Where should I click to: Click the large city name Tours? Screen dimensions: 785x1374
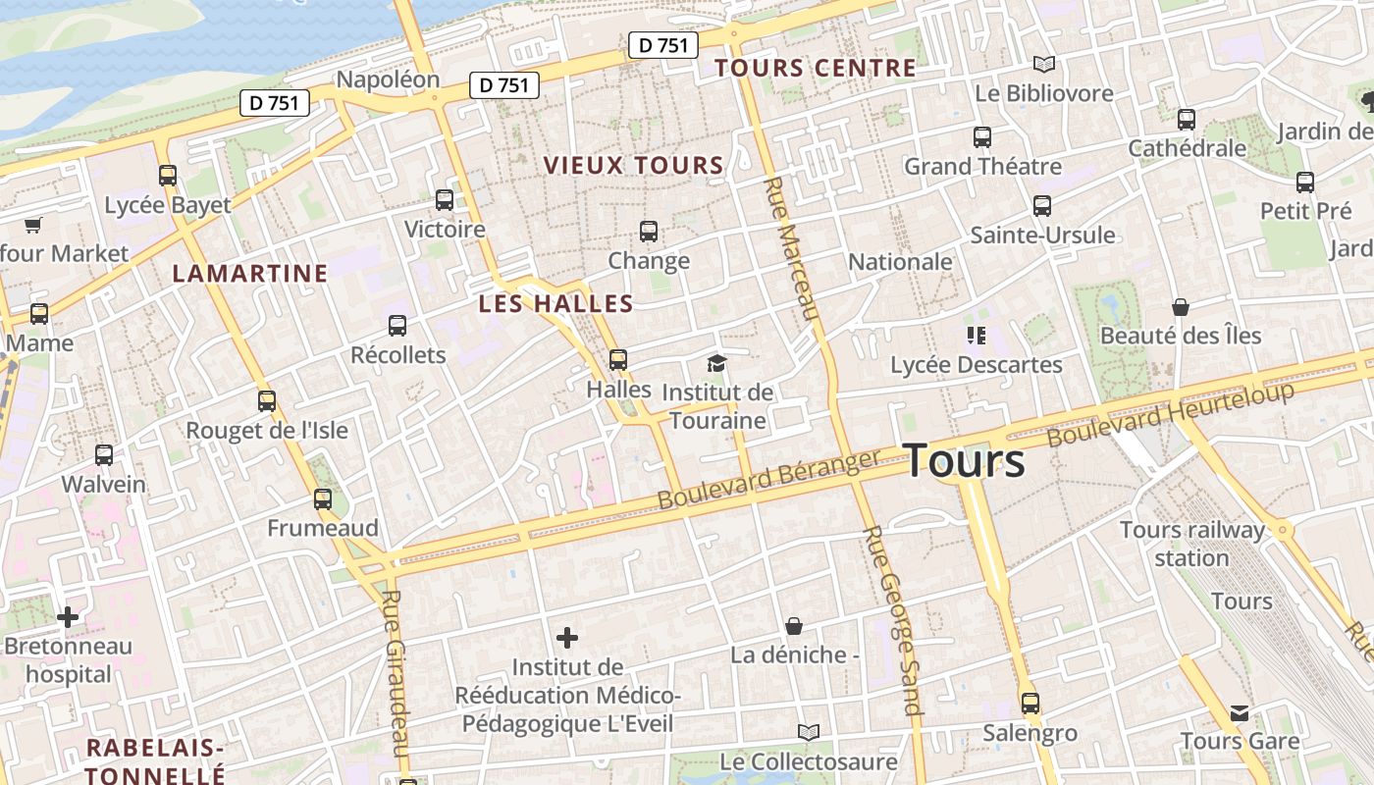coord(963,461)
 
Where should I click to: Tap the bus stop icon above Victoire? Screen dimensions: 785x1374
coord(445,200)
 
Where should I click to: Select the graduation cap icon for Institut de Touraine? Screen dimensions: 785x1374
coord(716,364)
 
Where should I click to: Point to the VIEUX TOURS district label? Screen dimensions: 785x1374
coord(633,166)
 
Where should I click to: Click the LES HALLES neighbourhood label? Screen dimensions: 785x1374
coord(555,304)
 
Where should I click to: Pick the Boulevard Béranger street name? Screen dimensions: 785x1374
coord(768,480)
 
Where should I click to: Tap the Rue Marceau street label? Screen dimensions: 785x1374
coord(791,249)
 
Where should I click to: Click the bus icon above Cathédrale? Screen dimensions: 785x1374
coord(1187,120)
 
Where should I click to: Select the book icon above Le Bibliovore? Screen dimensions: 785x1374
coord(1044,65)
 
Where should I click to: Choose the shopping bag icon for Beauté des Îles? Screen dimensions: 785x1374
coord(1180,307)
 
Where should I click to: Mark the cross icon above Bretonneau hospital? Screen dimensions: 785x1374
coord(68,617)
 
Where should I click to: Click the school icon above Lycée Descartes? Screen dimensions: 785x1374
coord(976,336)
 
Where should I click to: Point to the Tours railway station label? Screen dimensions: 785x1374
coord(1192,544)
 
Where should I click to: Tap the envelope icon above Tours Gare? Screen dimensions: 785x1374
coord(1240,713)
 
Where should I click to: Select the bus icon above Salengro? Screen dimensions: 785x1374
coord(1030,704)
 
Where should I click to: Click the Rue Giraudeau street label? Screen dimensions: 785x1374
coord(396,672)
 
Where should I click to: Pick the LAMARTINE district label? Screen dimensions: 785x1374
coord(250,274)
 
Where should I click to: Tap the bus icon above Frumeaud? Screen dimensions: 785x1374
coord(323,499)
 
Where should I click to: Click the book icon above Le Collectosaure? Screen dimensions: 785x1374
coord(808,732)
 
